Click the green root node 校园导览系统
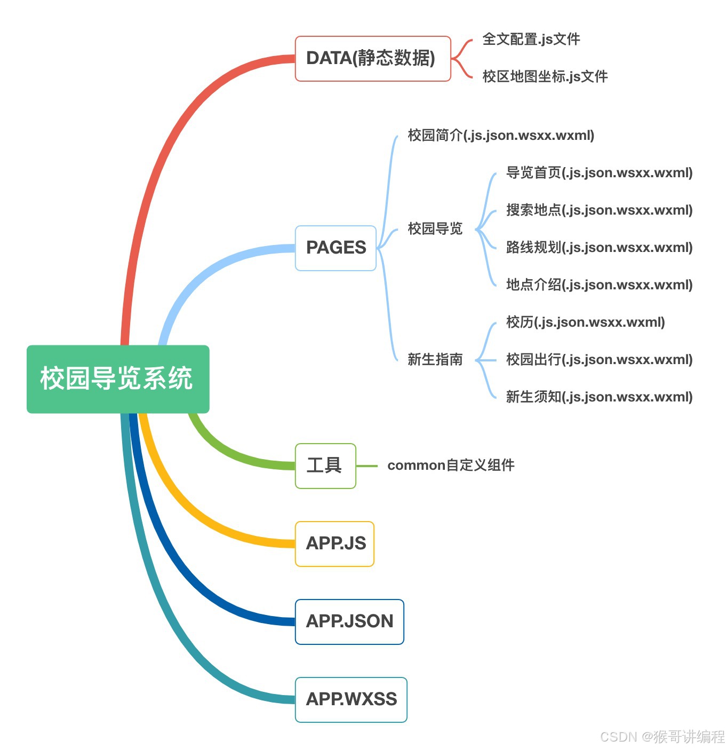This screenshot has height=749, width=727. [x=117, y=379]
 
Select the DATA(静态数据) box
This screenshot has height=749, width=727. [x=372, y=59]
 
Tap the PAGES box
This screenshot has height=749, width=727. [x=335, y=248]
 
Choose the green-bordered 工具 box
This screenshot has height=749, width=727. [x=325, y=466]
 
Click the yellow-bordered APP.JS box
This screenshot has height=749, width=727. [x=334, y=543]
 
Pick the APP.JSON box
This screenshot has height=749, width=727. [x=349, y=621]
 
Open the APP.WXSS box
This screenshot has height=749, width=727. [x=351, y=699]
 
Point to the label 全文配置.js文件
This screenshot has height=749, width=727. [x=531, y=40]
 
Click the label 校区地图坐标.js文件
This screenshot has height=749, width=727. [x=545, y=76]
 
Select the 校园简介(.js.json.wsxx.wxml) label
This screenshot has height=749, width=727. [x=500, y=135]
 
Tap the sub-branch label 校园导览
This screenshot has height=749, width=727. [x=435, y=228]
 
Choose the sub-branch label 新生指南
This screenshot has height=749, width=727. [x=435, y=359]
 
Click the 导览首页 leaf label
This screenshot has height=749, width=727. [x=598, y=172]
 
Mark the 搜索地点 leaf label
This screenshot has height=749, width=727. [x=598, y=210]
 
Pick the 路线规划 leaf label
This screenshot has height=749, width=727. [x=598, y=247]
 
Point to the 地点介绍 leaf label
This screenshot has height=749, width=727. [x=598, y=285]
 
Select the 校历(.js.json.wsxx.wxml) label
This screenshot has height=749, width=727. [x=585, y=322]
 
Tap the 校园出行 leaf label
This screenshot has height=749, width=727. [x=598, y=359]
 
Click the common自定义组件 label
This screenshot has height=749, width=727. [x=451, y=466]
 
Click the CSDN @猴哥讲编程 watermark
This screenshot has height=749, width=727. [x=662, y=737]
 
